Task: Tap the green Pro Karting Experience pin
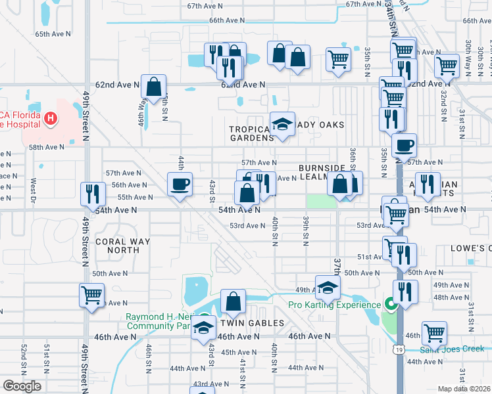(389, 304)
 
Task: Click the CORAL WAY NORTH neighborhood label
(122, 246)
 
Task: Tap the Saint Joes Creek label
(455, 349)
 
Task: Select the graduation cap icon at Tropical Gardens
(282, 124)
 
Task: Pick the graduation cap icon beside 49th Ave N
(328, 287)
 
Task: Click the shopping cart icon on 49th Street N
(91, 294)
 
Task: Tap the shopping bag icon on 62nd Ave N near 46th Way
(153, 86)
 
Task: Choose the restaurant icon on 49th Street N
(91, 194)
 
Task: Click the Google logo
(22, 385)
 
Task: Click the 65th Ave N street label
(51, 33)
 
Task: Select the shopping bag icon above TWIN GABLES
(233, 301)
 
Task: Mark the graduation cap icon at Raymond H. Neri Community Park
(204, 328)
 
